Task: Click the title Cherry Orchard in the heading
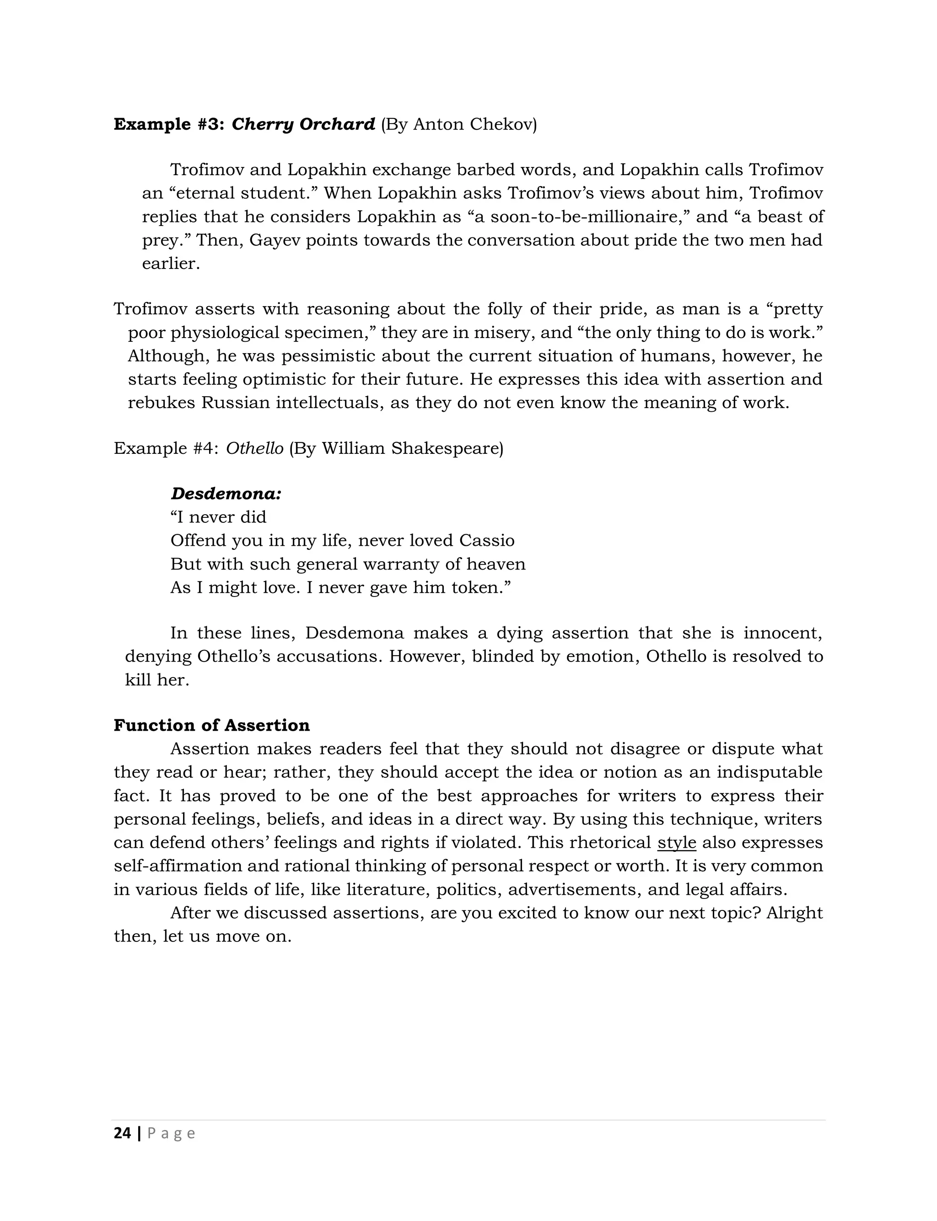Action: pos(303,124)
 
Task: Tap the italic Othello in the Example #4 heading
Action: pos(254,448)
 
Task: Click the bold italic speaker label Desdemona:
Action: pos(226,494)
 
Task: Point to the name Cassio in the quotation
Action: pos(486,540)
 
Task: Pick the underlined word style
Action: pos(677,842)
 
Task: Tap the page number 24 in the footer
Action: pos(122,1134)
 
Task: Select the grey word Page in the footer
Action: pos(171,1134)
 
